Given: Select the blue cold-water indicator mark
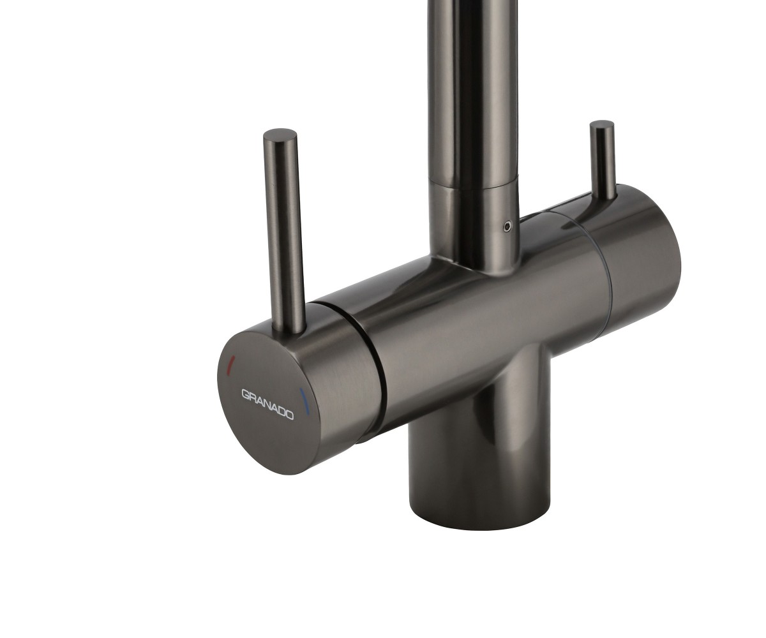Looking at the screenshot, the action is (x=305, y=402).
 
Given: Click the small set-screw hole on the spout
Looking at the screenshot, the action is (x=507, y=226).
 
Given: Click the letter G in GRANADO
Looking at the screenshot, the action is (x=245, y=394).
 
